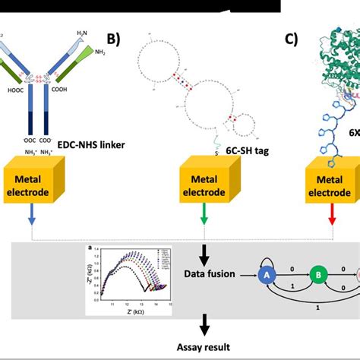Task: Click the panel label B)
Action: pyautogui.click(x=113, y=38)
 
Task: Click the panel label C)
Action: pyautogui.click(x=291, y=38)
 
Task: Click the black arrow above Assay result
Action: pyautogui.click(x=204, y=325)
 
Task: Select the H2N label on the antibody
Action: pyautogui.click(x=82, y=33)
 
